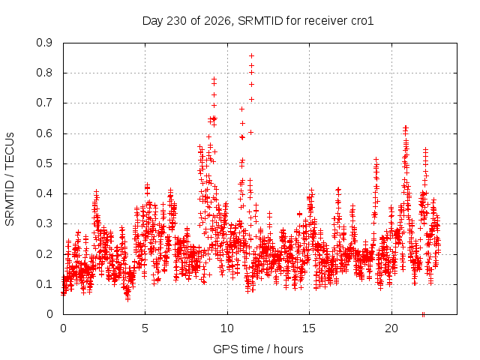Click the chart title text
pos(258,21)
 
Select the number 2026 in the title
pos(217,21)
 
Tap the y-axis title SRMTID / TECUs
pos(10,179)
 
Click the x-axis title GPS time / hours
pos(258,349)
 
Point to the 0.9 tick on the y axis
pos(44,43)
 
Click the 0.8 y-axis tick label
pos(44,73)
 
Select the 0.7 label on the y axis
pos(44,103)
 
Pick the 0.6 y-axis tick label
pos(44,133)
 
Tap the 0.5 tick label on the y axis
pos(44,163)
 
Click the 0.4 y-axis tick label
pos(44,193)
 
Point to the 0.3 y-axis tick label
pos(44,223)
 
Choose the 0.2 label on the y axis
pos(44,254)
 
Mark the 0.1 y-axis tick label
pos(44,284)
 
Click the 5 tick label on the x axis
pos(145,328)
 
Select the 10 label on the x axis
pos(227,328)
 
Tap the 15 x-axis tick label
pos(309,328)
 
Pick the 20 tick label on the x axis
pos(391,328)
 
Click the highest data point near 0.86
pos(252,55)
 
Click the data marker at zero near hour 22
pos(423,314)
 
